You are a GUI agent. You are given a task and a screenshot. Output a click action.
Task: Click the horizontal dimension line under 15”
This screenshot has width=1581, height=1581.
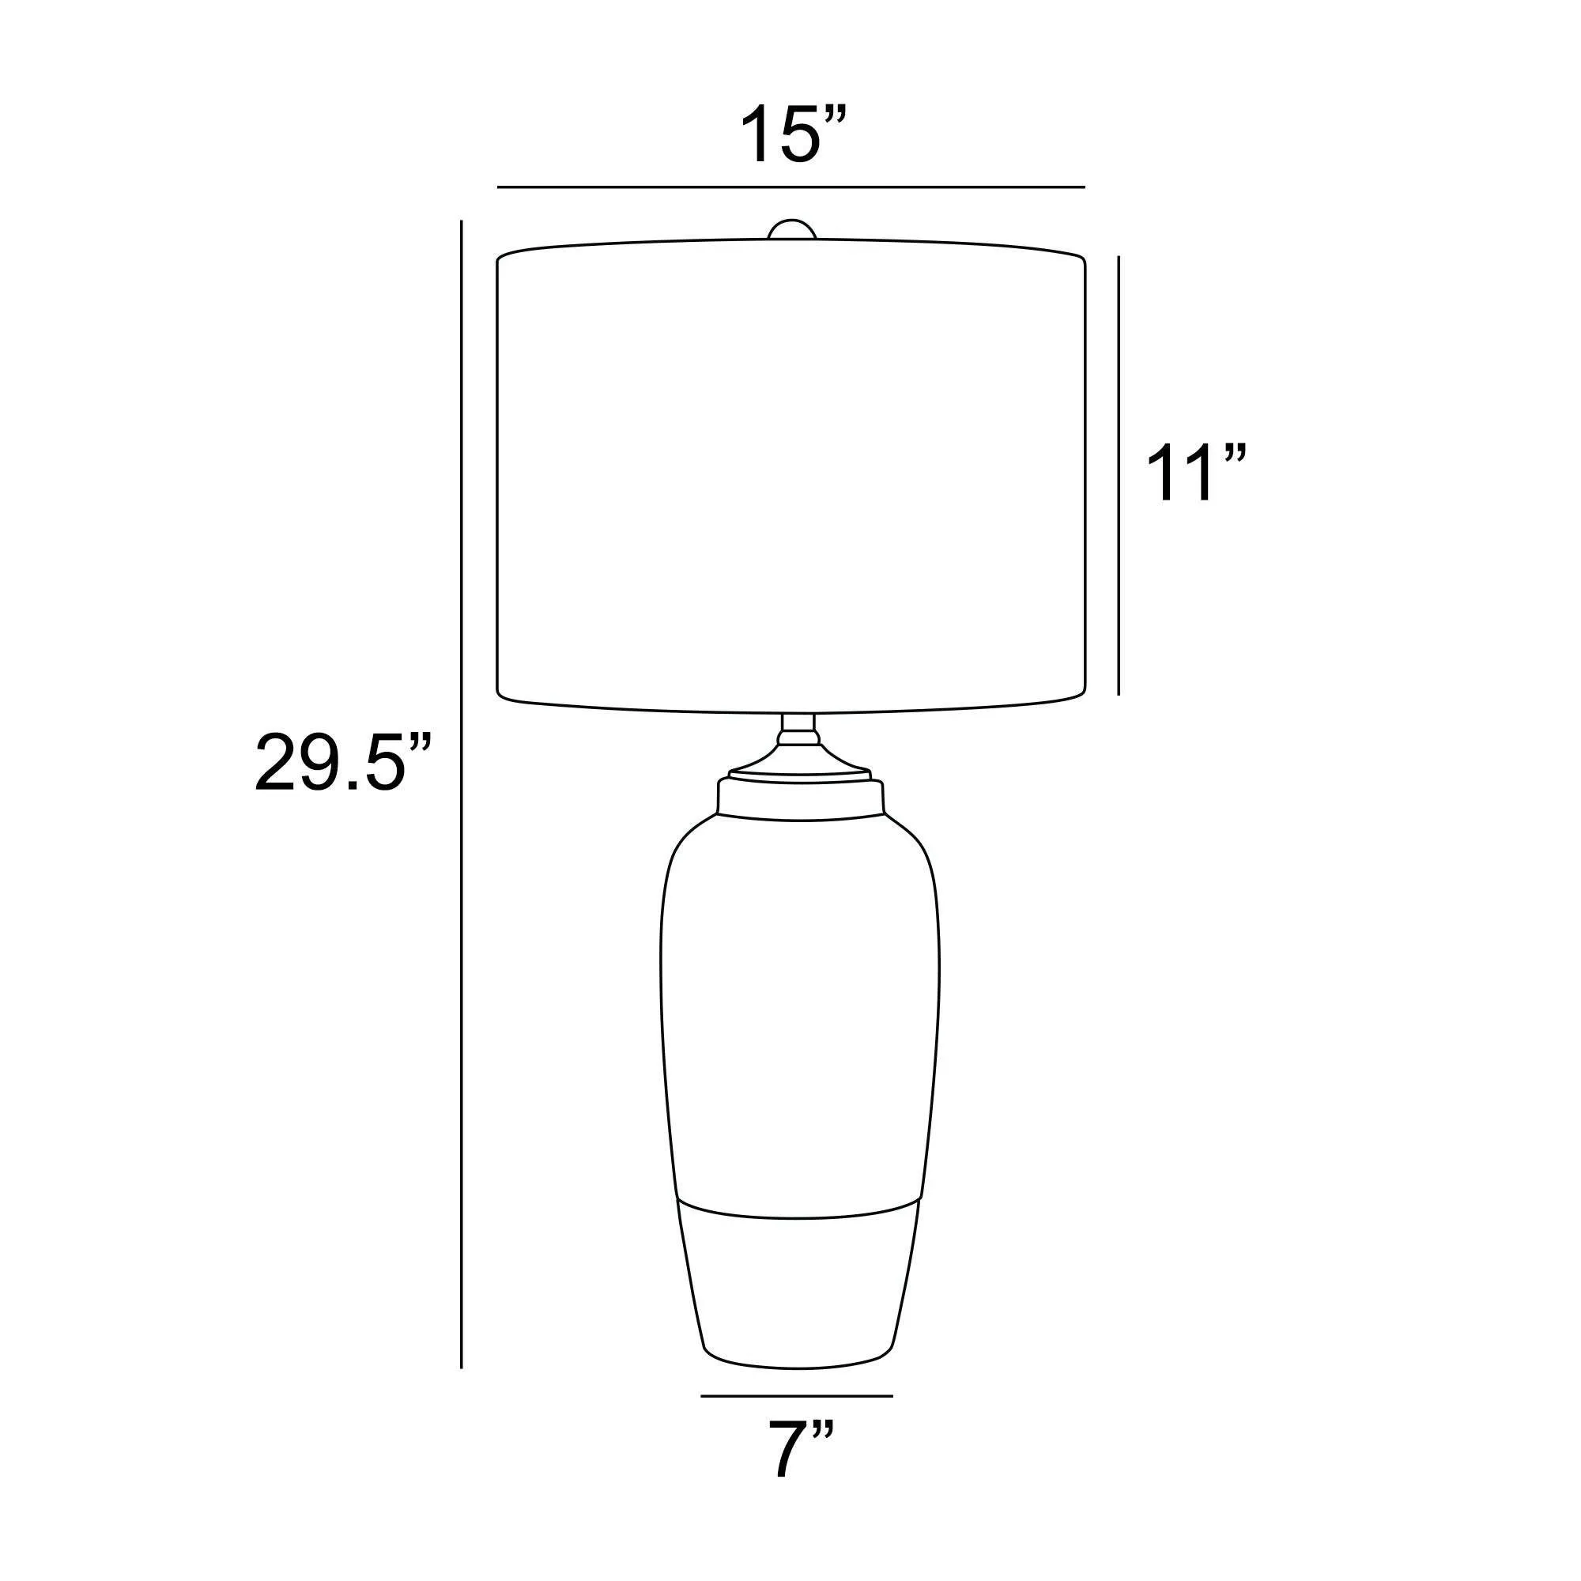click(790, 187)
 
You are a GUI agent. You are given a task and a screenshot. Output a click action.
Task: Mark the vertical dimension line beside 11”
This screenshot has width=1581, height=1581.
click(1119, 475)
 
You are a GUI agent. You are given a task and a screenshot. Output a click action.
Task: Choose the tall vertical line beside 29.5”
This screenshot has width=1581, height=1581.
click(462, 794)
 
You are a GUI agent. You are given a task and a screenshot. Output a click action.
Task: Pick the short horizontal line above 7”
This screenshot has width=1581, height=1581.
click(797, 1396)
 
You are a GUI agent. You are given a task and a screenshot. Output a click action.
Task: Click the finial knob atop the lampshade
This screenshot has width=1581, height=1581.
click(792, 229)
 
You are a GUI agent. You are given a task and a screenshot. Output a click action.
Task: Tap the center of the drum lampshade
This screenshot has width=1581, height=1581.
click(791, 476)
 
